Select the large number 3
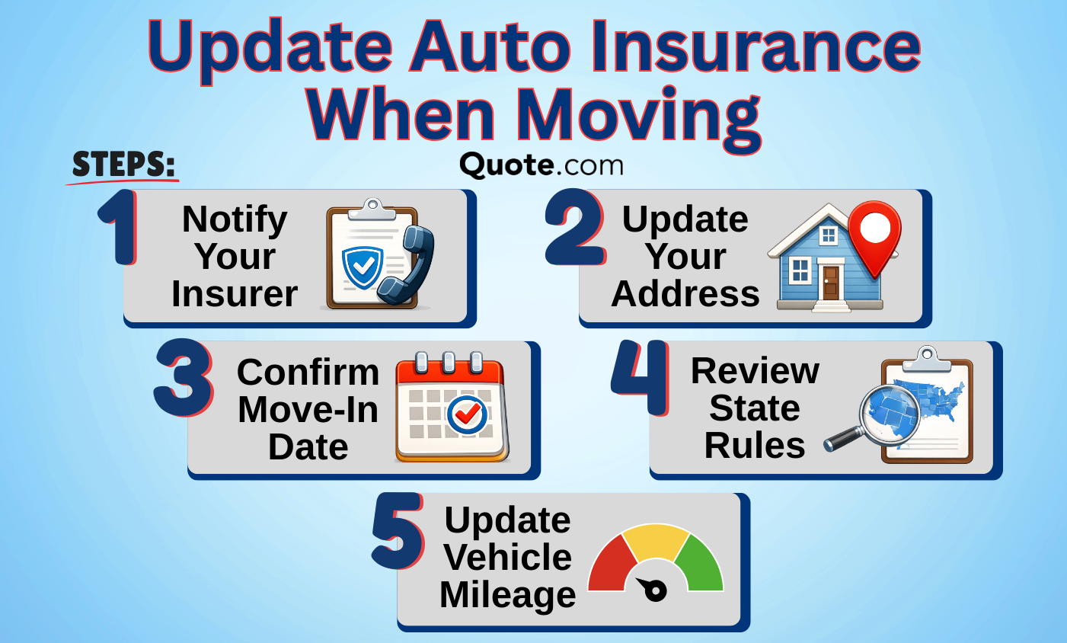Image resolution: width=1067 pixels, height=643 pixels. pos(184,379)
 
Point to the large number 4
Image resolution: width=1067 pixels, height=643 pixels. pos(640,378)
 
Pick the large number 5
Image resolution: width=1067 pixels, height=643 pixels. pos(398,531)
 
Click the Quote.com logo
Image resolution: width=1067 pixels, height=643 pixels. pos(541,165)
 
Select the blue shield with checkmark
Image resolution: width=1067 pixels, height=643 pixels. pos(362,266)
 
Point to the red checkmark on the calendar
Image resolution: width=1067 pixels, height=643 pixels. pos(467,414)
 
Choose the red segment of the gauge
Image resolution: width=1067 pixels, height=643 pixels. pos(612,565)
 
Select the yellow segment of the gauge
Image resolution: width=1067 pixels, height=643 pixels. pos(656,540)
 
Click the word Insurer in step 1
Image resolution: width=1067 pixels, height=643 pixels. pos(235,294)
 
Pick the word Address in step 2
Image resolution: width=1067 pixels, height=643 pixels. pos(685,294)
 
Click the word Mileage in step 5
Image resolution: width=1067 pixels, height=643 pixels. pos(507,595)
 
